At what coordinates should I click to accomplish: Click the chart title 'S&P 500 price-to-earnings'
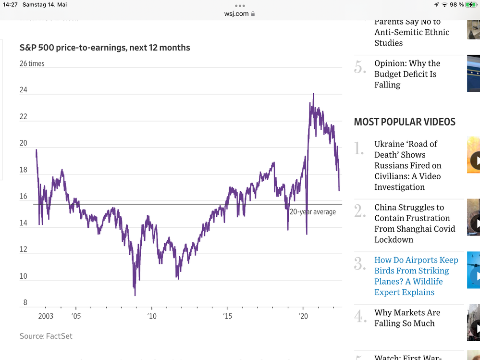(x=105, y=48)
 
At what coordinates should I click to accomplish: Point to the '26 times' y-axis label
(x=32, y=63)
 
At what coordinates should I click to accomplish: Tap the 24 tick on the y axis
(x=24, y=90)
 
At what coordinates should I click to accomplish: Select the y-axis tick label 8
(x=25, y=303)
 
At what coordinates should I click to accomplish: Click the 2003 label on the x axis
(x=46, y=316)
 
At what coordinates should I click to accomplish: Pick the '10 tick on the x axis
(x=152, y=316)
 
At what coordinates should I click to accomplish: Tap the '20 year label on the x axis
(x=304, y=316)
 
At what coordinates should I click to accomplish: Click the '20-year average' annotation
(x=312, y=211)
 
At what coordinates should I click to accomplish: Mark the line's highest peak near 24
(x=313, y=94)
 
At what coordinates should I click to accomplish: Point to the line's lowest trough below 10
(x=135, y=295)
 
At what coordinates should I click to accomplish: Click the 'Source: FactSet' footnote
(x=46, y=336)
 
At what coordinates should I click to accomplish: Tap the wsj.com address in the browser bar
(x=236, y=13)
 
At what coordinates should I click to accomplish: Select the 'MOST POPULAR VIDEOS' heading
(x=405, y=122)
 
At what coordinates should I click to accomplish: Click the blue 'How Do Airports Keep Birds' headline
(x=416, y=276)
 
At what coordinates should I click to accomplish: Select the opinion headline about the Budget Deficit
(x=407, y=74)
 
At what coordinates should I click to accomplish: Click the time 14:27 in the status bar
(x=10, y=4)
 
